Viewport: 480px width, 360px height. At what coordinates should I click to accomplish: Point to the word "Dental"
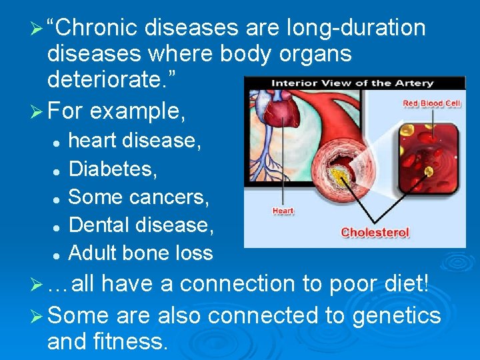tap(100, 225)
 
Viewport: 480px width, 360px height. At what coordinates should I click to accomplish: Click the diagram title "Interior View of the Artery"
tap(351, 83)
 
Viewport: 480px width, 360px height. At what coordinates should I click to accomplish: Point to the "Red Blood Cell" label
tap(431, 103)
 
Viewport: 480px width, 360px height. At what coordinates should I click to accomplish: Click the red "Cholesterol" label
tap(375, 233)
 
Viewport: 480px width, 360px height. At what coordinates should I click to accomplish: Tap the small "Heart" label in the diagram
tap(283, 211)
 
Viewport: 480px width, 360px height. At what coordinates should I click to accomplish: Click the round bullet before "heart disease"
tap(58, 142)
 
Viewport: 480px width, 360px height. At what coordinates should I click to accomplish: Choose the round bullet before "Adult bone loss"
tap(58, 254)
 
